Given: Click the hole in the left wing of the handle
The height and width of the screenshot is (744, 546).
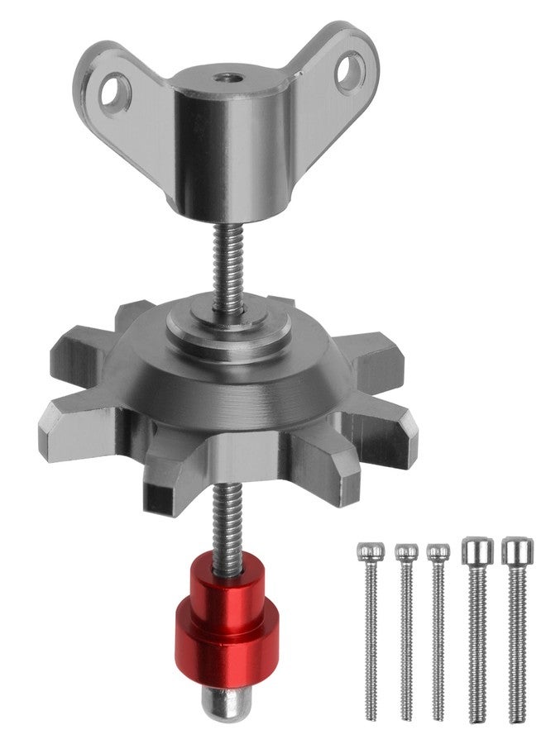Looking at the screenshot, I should pos(116,88).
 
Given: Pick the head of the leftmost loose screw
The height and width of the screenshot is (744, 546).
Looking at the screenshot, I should pos(369,551).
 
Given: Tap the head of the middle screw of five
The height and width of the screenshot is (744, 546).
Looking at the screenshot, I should pos(438,551).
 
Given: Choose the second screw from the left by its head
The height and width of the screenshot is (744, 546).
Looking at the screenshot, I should pos(405,551).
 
